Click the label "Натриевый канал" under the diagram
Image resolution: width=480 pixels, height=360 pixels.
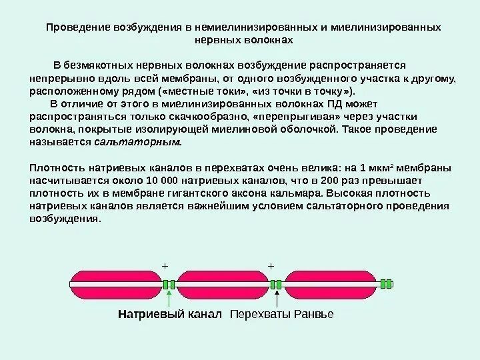click(169, 313)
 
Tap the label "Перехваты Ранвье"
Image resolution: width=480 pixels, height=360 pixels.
click(281, 313)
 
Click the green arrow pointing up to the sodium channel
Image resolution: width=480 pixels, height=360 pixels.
click(172, 297)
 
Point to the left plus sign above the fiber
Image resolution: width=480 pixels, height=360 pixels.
click(166, 265)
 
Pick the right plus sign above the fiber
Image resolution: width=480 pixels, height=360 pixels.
click(271, 265)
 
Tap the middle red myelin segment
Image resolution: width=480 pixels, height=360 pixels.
click(221, 284)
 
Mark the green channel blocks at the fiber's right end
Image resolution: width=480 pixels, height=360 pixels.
click(385, 284)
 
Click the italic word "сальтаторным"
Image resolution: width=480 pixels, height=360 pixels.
click(137, 143)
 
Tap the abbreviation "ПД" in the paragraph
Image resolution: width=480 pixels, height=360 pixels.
click(337, 105)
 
